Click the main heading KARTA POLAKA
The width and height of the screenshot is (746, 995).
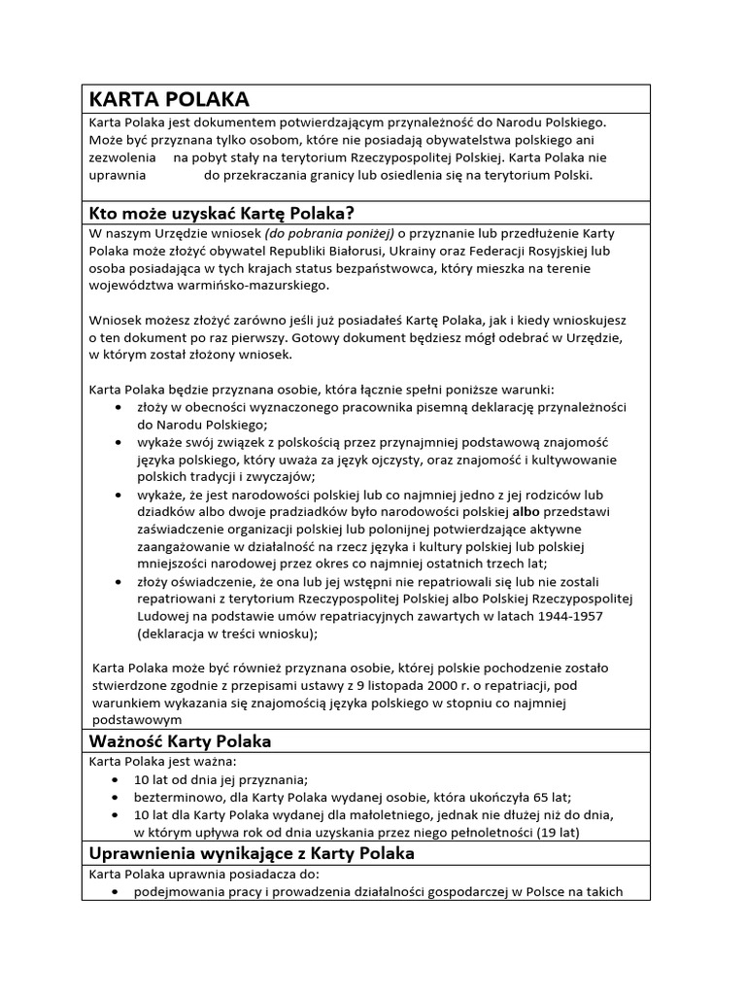tap(170, 99)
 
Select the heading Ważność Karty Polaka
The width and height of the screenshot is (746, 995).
tap(180, 741)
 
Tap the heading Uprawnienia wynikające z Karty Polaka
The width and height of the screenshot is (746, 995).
tap(252, 853)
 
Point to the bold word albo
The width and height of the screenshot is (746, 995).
tap(526, 511)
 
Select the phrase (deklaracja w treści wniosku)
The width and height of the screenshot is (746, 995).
tap(227, 634)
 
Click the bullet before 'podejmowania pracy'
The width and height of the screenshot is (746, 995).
tap(118, 892)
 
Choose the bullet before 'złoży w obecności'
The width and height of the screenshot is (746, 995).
tap(118, 408)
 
